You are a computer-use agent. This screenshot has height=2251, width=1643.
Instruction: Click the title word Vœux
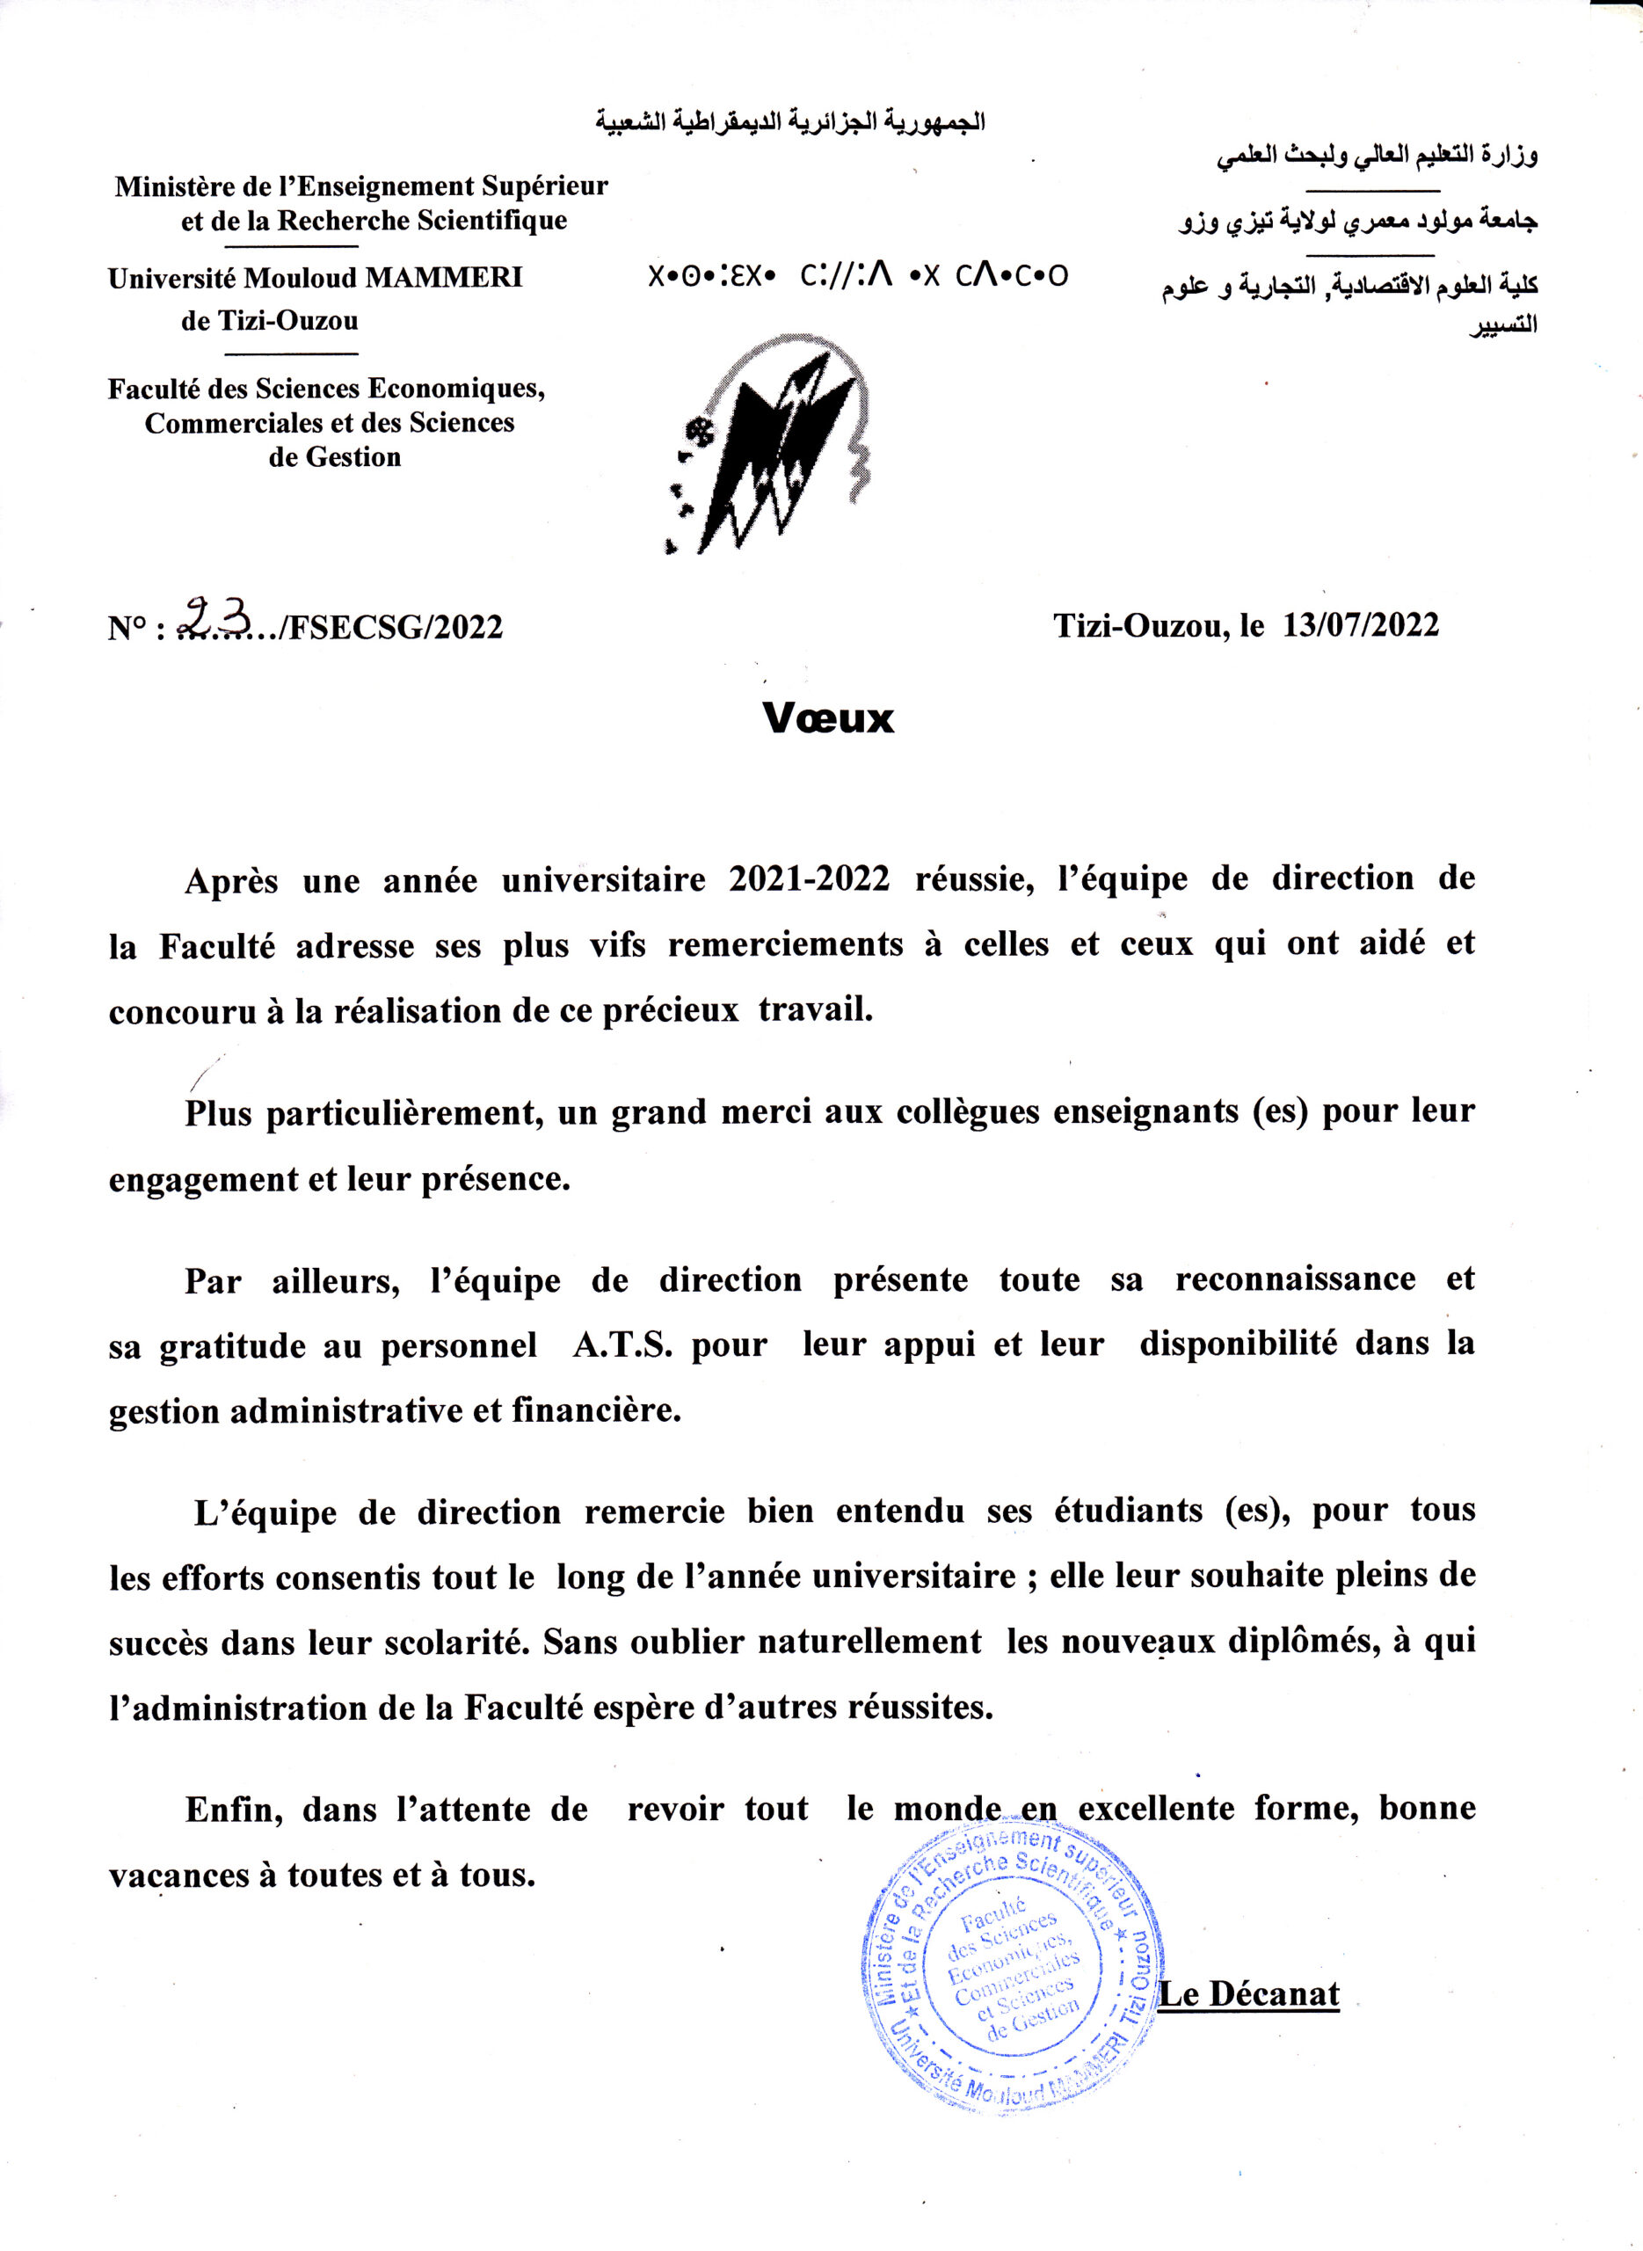click(827, 718)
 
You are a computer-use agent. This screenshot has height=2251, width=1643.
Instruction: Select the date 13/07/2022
click(1360, 624)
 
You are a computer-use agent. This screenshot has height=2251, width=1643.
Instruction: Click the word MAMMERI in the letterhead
click(444, 278)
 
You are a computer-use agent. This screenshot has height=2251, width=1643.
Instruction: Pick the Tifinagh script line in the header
click(857, 275)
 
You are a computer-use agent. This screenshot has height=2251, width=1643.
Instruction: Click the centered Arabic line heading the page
click(789, 122)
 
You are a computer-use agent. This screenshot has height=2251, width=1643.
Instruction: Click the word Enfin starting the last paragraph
click(233, 1809)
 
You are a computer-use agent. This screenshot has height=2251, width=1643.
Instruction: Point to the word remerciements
click(785, 944)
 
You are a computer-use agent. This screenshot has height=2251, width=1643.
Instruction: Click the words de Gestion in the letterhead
click(334, 457)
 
